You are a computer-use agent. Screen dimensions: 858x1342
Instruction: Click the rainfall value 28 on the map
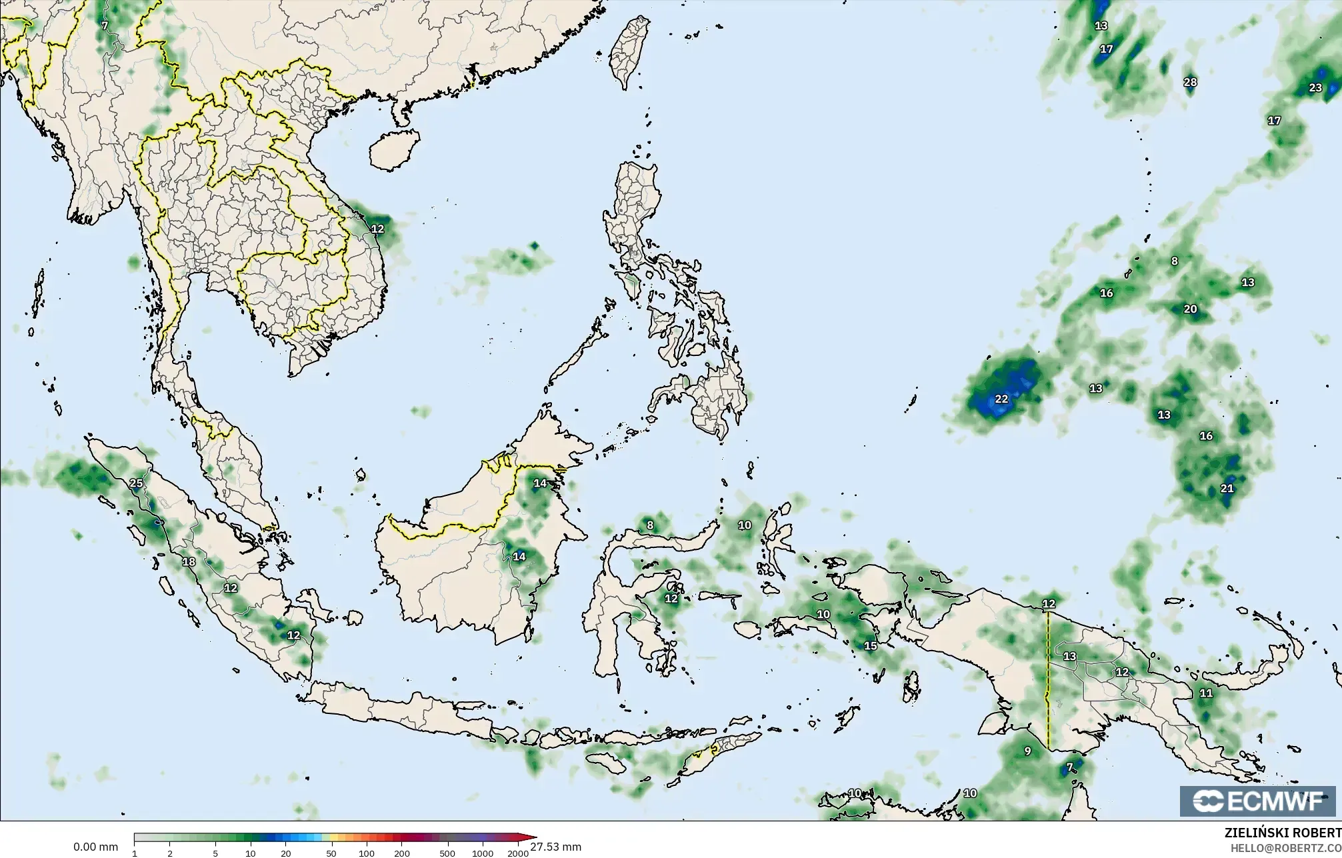1190,83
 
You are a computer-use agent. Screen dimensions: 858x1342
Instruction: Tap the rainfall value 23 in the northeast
1315,88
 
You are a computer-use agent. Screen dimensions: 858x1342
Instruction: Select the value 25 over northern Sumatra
136,483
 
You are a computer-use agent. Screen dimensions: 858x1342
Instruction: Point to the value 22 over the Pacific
1001,399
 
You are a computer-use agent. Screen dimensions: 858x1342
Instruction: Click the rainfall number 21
1227,489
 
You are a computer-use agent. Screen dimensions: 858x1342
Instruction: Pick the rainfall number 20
1191,309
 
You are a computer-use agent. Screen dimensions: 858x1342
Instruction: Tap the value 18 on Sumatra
189,562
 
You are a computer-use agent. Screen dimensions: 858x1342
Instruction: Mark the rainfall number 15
871,646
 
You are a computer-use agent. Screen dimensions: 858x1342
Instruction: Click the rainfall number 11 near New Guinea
1207,693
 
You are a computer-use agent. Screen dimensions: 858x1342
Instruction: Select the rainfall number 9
1027,751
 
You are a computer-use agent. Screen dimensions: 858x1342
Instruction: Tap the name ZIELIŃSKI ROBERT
1283,833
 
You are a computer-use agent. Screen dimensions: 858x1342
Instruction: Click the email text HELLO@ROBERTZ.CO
1286,847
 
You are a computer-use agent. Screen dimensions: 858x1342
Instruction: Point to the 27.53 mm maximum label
556,847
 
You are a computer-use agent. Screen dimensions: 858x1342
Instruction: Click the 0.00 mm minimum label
95,847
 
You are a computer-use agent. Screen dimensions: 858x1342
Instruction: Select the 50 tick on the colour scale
331,853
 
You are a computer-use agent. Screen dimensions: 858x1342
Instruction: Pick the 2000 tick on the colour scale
518,853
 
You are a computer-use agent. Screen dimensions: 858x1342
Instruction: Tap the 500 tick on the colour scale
447,853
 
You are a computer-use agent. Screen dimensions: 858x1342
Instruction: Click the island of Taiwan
630,50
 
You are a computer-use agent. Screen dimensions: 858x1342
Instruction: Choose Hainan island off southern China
394,149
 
